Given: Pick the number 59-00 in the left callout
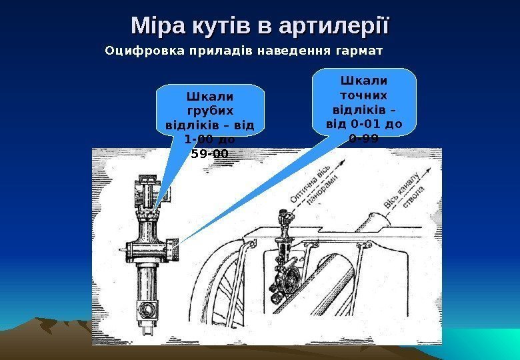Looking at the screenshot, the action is tap(209, 154).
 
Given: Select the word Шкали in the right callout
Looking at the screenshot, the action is tap(363, 80).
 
